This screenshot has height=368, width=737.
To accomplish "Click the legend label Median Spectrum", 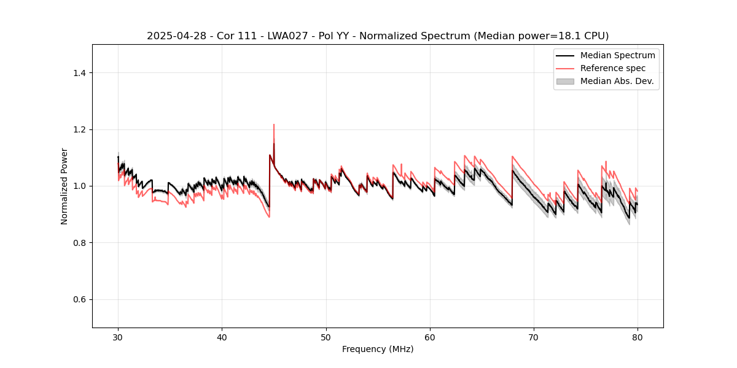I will click(617, 55).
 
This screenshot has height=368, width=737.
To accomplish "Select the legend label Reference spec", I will click(612, 68).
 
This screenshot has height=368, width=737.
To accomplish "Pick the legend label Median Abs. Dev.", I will click(617, 81).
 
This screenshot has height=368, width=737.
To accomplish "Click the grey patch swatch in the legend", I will click(565, 81).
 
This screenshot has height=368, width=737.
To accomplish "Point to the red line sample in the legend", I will click(565, 68).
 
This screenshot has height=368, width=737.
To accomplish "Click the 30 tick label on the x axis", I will click(118, 337).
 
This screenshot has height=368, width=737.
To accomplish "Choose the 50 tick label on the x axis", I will click(326, 337).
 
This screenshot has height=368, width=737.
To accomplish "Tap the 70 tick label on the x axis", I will click(534, 337).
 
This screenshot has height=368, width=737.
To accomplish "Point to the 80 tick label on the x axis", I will click(638, 337).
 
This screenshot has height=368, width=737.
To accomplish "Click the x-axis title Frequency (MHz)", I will click(378, 349).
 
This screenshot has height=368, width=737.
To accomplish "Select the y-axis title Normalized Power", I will click(64, 186).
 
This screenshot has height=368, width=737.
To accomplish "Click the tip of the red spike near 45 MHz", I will click(274, 125).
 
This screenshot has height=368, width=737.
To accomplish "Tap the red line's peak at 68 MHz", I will click(512, 156).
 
